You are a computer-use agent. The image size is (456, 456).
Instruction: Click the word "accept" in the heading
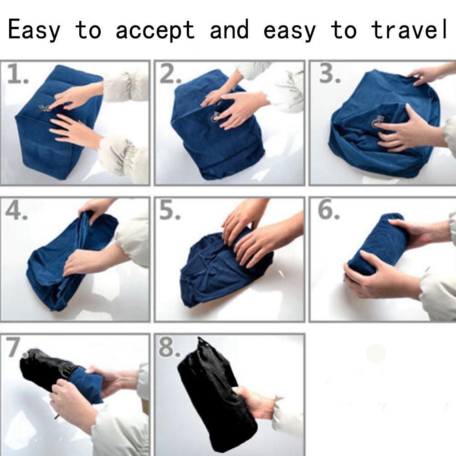[x=155, y=30]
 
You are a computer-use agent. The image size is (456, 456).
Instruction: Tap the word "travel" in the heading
[x=409, y=29]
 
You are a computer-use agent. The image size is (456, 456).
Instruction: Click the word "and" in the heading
[x=229, y=29]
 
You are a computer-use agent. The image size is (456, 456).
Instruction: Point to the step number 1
[x=17, y=74]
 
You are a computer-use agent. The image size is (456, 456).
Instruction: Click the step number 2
[x=170, y=74]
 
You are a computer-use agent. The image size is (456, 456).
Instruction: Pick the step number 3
[x=329, y=74]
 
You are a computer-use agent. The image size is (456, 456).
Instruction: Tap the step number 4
[x=16, y=210]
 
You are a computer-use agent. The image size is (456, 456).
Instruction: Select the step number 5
[x=170, y=210]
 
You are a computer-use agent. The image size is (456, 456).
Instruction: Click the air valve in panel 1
[x=45, y=108]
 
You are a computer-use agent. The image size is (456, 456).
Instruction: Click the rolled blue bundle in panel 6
[x=377, y=244]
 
